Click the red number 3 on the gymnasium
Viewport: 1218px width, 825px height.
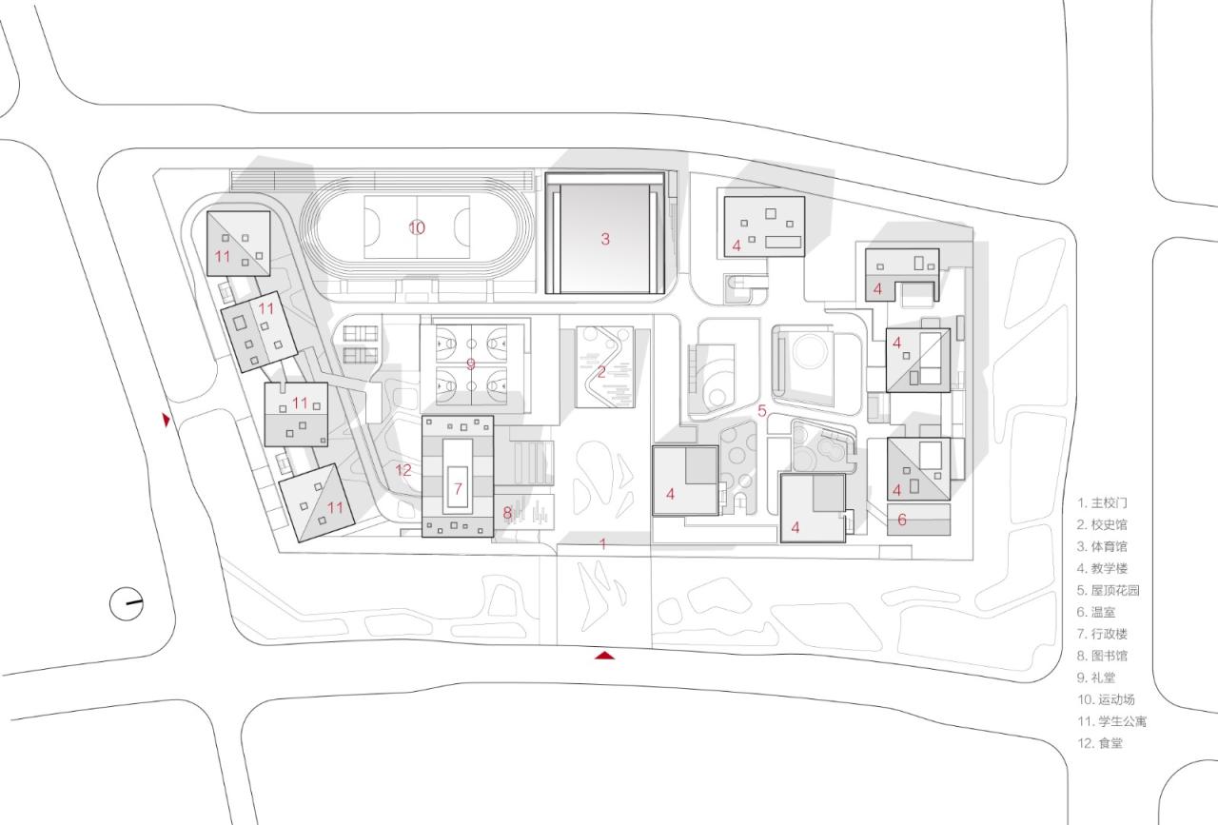(x=604, y=239)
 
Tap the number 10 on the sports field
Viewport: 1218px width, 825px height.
(x=417, y=227)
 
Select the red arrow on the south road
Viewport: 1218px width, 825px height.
(x=604, y=655)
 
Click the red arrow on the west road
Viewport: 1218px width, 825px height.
(x=167, y=420)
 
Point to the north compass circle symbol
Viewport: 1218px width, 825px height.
(x=126, y=603)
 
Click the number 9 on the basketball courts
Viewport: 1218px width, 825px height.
(x=470, y=363)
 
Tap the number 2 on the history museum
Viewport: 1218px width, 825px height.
(x=601, y=371)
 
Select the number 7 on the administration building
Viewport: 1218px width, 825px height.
(x=458, y=490)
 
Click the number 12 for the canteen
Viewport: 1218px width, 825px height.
(x=403, y=470)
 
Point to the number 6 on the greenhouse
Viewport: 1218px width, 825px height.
(x=902, y=520)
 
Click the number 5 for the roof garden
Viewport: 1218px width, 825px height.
(x=762, y=411)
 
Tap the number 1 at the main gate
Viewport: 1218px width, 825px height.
(x=602, y=543)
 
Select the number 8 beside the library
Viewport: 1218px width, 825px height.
(x=507, y=513)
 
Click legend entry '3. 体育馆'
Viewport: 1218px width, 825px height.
(x=1102, y=546)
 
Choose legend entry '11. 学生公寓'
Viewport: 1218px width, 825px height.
(x=1111, y=721)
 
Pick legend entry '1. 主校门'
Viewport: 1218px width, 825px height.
(x=1102, y=502)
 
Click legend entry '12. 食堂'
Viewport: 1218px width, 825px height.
(x=1099, y=743)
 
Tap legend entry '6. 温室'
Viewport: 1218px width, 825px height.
(x=1096, y=612)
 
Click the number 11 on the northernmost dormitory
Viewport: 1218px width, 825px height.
(x=223, y=256)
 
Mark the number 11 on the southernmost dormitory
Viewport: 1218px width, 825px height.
(x=335, y=508)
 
